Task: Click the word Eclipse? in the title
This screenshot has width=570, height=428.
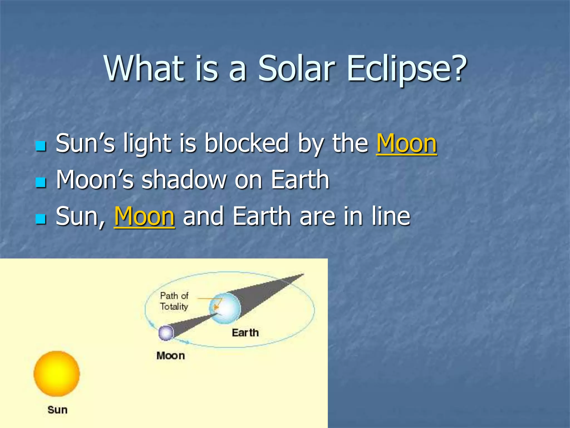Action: click(407, 69)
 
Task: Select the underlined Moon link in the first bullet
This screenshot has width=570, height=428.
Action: click(406, 144)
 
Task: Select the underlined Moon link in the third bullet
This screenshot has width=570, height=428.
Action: click(144, 217)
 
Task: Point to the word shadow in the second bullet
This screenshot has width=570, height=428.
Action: click(184, 180)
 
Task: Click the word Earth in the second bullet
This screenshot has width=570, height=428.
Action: click(300, 180)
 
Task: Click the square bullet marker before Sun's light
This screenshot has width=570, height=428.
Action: click(41, 146)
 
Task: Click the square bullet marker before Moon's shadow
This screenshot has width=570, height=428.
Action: click(41, 183)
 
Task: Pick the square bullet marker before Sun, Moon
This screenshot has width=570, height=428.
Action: click(41, 219)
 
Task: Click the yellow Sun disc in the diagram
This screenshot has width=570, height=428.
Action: click(57, 373)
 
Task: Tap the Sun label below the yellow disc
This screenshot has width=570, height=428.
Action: click(57, 410)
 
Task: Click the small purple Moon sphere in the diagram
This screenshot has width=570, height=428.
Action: click(166, 333)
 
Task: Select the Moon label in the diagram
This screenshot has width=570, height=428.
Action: click(171, 356)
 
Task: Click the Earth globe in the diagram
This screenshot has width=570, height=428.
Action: click(225, 308)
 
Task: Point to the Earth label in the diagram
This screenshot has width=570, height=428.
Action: click(245, 333)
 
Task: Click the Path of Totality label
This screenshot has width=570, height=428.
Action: click(174, 301)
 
